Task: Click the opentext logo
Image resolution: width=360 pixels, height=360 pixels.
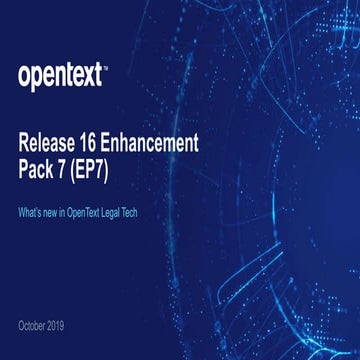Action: tap(61, 74)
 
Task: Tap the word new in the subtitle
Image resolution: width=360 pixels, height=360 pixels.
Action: tap(57, 213)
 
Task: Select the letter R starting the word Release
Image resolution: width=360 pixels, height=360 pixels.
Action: tap(25, 141)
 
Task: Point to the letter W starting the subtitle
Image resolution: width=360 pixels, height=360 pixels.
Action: tap(22, 213)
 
